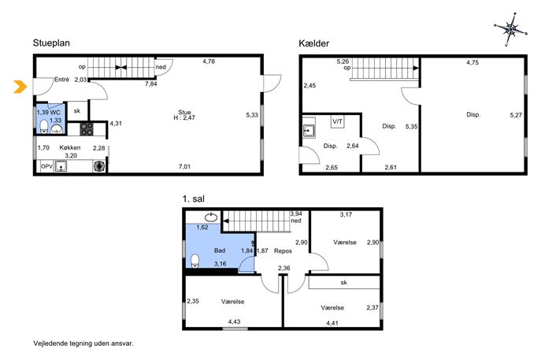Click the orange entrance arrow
coord(20,87)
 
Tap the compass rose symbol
coord(510,30)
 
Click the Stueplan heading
coord(51,43)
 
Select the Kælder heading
coord(313,43)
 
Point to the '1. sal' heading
coord(194,199)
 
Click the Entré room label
coord(61,80)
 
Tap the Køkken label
coord(70,147)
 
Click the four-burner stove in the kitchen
coord(87,129)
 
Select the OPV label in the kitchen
coord(46,166)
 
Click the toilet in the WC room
coord(44,127)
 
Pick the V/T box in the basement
coord(338,121)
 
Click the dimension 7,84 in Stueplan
coord(150,84)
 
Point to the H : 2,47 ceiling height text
coord(184,117)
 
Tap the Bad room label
coord(220,251)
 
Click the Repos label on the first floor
coord(283,251)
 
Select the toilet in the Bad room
coord(195,261)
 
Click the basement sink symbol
coord(309,132)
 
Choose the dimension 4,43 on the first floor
coord(234,321)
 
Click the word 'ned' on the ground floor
coord(161,67)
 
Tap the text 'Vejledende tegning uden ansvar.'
coord(83,343)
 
